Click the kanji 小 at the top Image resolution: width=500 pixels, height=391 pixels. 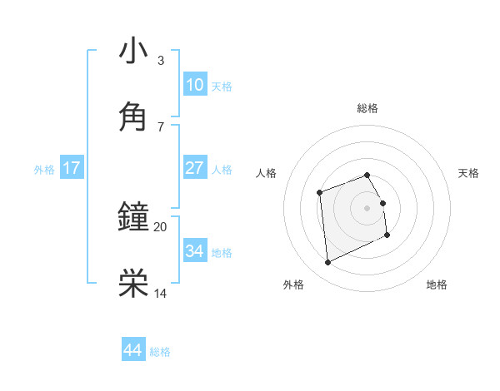tap(133, 51)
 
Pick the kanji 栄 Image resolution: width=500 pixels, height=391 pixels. tap(133, 283)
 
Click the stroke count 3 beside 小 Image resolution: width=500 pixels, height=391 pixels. tap(160, 61)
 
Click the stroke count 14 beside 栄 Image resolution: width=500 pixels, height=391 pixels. tap(160, 293)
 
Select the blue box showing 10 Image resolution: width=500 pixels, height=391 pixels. tap(194, 85)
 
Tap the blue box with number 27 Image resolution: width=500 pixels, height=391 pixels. tap(194, 168)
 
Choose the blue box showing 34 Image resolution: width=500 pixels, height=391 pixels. tap(194, 251)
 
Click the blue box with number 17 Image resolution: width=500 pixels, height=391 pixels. tap(72, 168)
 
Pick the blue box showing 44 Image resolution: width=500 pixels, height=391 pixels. tap(132, 350)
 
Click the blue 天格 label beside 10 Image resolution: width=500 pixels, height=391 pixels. tap(222, 87)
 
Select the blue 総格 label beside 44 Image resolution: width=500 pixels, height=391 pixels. tap(160, 352)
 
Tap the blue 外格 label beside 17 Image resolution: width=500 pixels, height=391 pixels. tap(44, 170)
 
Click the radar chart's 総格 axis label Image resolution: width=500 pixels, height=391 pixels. tap(367, 108)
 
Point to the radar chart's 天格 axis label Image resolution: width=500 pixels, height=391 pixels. tap(468, 173)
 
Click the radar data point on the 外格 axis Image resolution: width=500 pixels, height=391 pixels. tap(327, 263)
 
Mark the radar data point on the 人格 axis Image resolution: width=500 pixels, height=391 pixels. tap(319, 193)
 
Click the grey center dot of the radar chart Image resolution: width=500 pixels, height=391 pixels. tap(367, 208)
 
